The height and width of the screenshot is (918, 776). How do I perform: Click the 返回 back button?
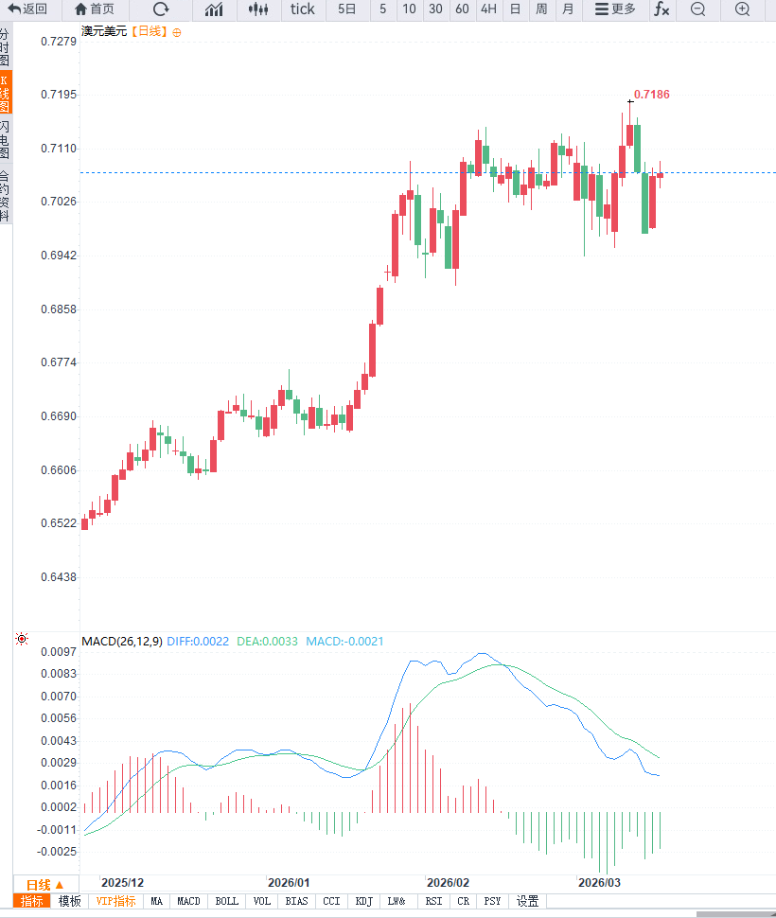click(x=27, y=9)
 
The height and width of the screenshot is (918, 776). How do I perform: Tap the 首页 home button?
click(x=94, y=9)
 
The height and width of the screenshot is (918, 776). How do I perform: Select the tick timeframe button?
click(x=302, y=9)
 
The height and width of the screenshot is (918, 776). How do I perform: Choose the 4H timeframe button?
click(x=488, y=9)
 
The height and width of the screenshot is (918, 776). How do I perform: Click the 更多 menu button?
click(x=615, y=9)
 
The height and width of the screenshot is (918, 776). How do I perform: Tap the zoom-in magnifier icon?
click(x=743, y=9)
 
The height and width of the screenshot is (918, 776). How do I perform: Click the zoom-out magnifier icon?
click(x=698, y=9)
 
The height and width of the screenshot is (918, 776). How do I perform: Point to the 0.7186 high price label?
click(x=651, y=95)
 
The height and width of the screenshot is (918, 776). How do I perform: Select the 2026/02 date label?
click(x=448, y=882)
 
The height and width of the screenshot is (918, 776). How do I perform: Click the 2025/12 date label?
click(x=123, y=882)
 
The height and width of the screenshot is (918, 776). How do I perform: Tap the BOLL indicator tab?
click(x=227, y=902)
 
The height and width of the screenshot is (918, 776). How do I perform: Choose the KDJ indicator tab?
click(x=364, y=902)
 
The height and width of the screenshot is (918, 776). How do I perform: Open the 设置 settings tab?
click(x=527, y=902)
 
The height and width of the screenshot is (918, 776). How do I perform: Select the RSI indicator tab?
click(x=433, y=902)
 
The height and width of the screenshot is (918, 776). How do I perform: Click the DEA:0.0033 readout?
click(x=268, y=642)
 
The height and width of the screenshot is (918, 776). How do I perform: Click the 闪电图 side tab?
click(x=6, y=139)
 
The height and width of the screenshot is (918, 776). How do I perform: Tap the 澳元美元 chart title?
click(x=103, y=31)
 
